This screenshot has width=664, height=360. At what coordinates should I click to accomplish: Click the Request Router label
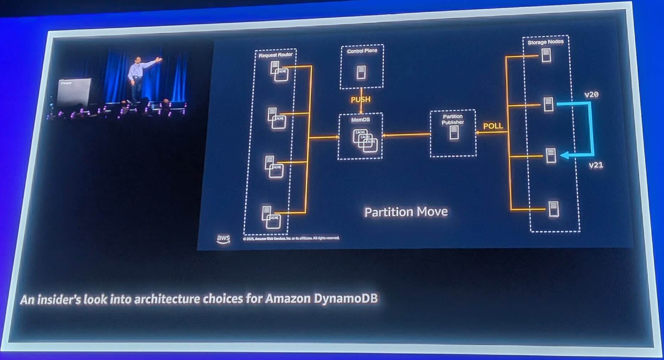[x=275, y=55]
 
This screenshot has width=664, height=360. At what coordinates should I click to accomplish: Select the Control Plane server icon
[x=361, y=72]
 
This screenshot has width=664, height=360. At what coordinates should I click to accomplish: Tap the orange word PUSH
[x=360, y=100]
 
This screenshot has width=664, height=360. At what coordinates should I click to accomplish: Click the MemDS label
[x=360, y=120]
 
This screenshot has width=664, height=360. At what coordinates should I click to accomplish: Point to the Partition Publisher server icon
[x=454, y=133]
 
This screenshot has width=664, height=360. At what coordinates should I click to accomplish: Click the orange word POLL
[x=493, y=126]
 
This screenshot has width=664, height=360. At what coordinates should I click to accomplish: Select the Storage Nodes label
[x=545, y=42]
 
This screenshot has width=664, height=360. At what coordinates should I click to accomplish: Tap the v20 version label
[x=591, y=95]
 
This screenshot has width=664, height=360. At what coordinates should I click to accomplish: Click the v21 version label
[x=596, y=165]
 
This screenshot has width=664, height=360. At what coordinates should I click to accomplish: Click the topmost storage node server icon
[x=546, y=55]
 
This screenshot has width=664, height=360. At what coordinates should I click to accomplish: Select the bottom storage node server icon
[x=553, y=209]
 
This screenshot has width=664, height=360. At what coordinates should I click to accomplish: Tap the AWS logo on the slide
[x=223, y=239]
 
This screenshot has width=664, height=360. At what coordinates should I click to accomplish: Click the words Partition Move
[x=406, y=212]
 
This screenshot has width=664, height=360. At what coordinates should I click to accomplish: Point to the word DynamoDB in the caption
[x=346, y=298]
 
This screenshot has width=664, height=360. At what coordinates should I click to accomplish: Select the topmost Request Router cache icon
[x=281, y=74]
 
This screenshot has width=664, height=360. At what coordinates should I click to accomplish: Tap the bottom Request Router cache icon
[x=273, y=221]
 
